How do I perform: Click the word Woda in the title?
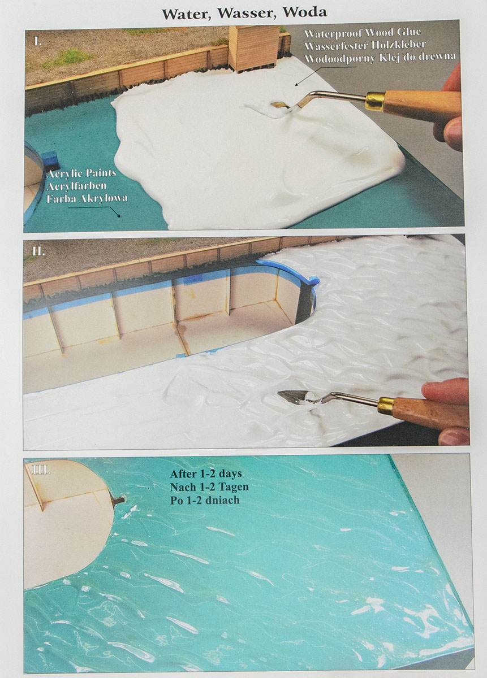(x=304, y=12)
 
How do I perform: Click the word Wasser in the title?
(x=247, y=14)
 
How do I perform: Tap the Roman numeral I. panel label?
(x=38, y=42)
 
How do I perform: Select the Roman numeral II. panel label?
(x=38, y=251)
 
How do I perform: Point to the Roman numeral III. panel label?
(x=41, y=470)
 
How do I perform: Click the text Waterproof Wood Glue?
(x=363, y=33)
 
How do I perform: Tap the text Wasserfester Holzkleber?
(x=365, y=45)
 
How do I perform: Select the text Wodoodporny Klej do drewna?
(x=380, y=58)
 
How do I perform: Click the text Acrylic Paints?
(x=82, y=173)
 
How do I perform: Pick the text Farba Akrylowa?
(x=87, y=198)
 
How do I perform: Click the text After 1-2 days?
(x=206, y=473)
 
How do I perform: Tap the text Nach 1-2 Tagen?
(x=209, y=487)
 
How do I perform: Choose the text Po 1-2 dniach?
(x=205, y=500)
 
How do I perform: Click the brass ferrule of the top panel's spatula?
(x=376, y=101)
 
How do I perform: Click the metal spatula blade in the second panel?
(x=292, y=395)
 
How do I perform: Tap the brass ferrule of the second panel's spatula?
(x=386, y=405)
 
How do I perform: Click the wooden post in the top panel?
(x=253, y=49)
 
